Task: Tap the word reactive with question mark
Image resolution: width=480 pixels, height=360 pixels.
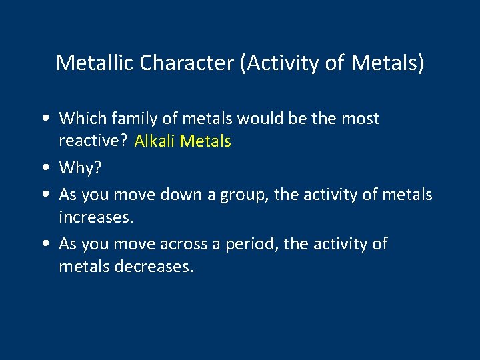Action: [93, 141]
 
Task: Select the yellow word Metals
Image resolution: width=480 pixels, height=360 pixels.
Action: [207, 141]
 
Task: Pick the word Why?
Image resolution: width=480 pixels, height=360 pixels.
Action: [81, 168]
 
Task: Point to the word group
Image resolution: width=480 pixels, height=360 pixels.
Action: [251, 195]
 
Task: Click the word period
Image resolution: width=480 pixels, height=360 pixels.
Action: [253, 244]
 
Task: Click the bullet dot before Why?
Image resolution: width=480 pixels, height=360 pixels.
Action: [43, 169]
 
